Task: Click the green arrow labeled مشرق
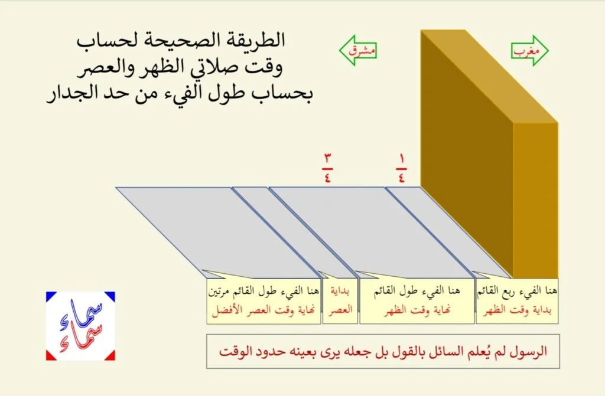coord(357,51)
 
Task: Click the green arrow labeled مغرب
coord(530,51)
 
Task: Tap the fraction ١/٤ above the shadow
coord(401,169)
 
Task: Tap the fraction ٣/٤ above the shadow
coord(327,168)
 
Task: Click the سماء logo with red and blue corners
coord(80,326)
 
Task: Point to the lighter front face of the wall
coord(535,201)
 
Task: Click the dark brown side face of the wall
coord(467,154)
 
